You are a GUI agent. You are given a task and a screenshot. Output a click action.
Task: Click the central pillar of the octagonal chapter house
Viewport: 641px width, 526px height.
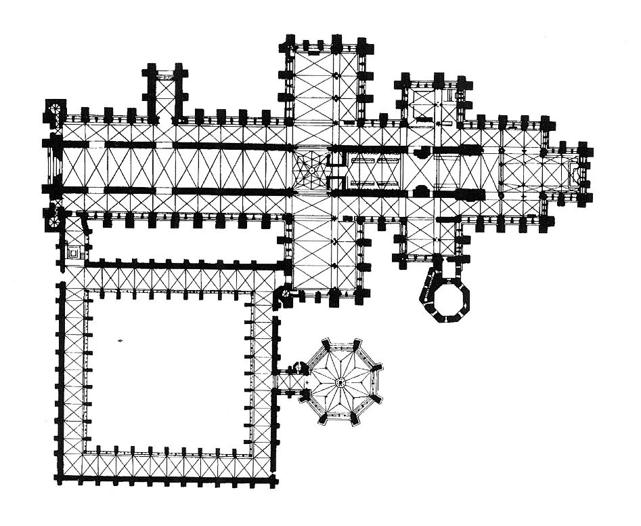pyautogui.click(x=341, y=382)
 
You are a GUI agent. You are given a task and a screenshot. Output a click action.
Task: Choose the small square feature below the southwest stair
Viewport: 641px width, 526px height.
pyautogui.click(x=72, y=252)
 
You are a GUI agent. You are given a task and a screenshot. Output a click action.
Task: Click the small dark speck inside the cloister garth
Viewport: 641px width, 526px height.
pyautogui.click(x=120, y=340)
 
